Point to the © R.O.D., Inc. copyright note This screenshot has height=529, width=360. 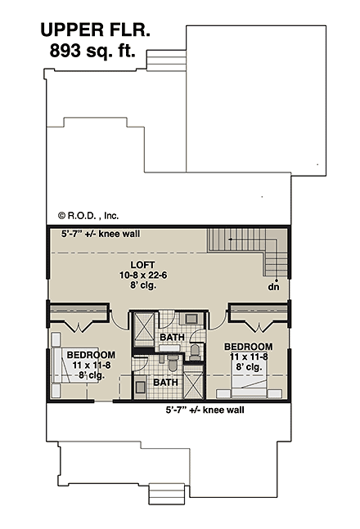[x=88, y=216]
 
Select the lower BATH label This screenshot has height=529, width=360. [x=166, y=382]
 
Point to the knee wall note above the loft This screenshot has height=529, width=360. [x=101, y=233]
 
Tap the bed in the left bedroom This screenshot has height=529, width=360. [x=61, y=372]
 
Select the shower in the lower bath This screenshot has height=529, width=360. [x=193, y=383]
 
